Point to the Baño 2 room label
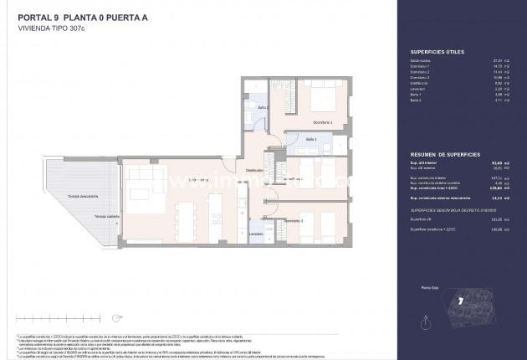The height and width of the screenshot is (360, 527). point(259,108)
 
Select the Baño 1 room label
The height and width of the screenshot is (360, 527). point(310,139)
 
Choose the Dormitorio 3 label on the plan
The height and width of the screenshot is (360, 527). point(307,221)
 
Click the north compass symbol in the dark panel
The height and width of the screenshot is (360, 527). point(427,317)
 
